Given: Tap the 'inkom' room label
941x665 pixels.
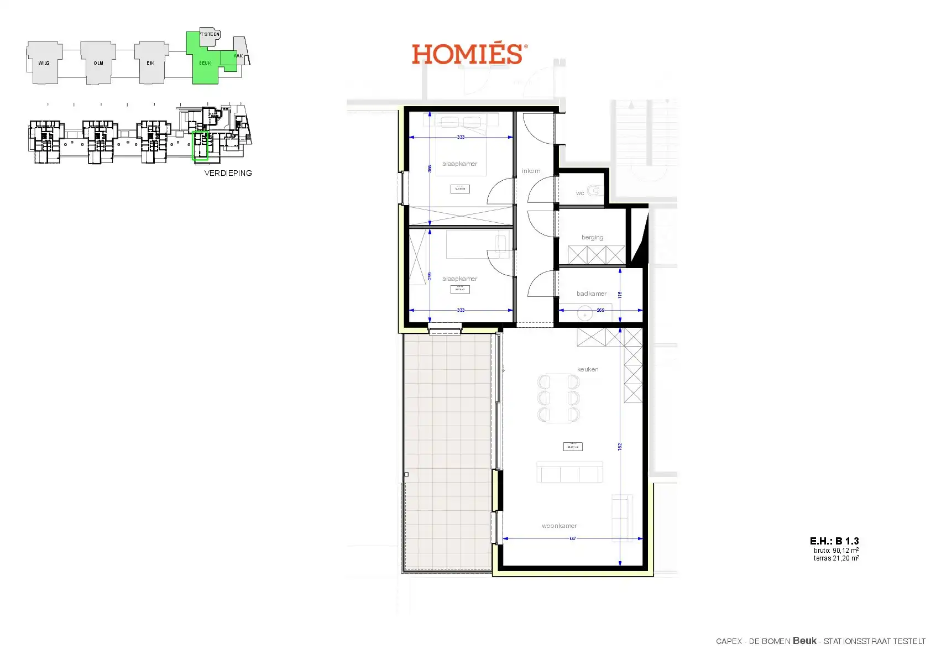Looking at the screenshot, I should point(531,171).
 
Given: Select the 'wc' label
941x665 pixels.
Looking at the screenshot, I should point(579,193).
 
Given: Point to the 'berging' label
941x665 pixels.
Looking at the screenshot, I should point(592,238).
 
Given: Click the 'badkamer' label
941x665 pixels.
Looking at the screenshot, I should point(591,294).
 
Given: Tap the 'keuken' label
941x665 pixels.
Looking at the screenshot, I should point(587,369).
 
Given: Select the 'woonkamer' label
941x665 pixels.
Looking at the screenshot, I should point(559,526).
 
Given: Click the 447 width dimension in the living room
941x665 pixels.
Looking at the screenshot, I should point(572,538).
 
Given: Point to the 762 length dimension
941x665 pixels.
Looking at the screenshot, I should point(620,446).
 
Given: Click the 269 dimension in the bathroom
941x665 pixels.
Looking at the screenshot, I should point(600,310).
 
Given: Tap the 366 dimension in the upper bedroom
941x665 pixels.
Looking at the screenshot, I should point(430,169).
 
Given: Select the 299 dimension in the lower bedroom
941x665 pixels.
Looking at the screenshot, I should point(430,276).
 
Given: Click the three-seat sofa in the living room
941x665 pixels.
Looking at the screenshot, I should point(569,473).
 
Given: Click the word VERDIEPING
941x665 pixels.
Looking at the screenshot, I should point(228,173).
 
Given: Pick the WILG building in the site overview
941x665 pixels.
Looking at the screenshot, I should point(44,63).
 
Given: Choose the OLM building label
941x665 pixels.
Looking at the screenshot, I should point(98,63).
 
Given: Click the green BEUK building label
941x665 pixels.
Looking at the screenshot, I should point(205,63).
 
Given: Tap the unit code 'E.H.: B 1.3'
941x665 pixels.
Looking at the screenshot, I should point(834,541).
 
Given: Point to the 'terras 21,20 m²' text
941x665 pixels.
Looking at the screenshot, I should point(836,558).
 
